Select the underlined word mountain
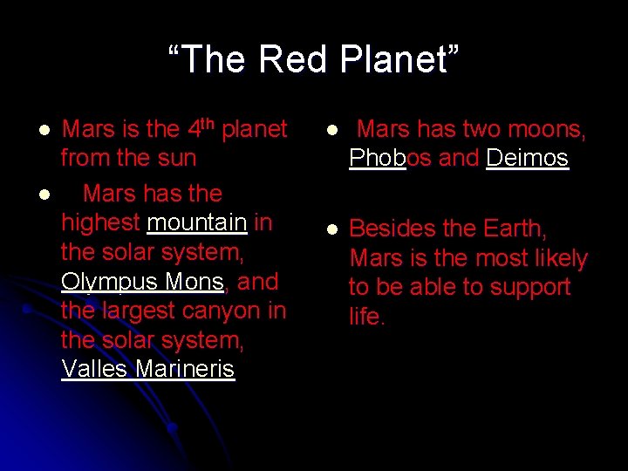click(x=197, y=222)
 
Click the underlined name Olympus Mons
click(x=143, y=282)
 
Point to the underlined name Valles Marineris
click(x=147, y=369)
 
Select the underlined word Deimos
click(x=527, y=158)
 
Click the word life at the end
click(x=366, y=317)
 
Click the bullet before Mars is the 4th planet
click(x=43, y=130)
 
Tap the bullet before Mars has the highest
click(x=43, y=194)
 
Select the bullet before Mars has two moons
click(x=331, y=130)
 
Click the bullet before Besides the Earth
click(x=331, y=229)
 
